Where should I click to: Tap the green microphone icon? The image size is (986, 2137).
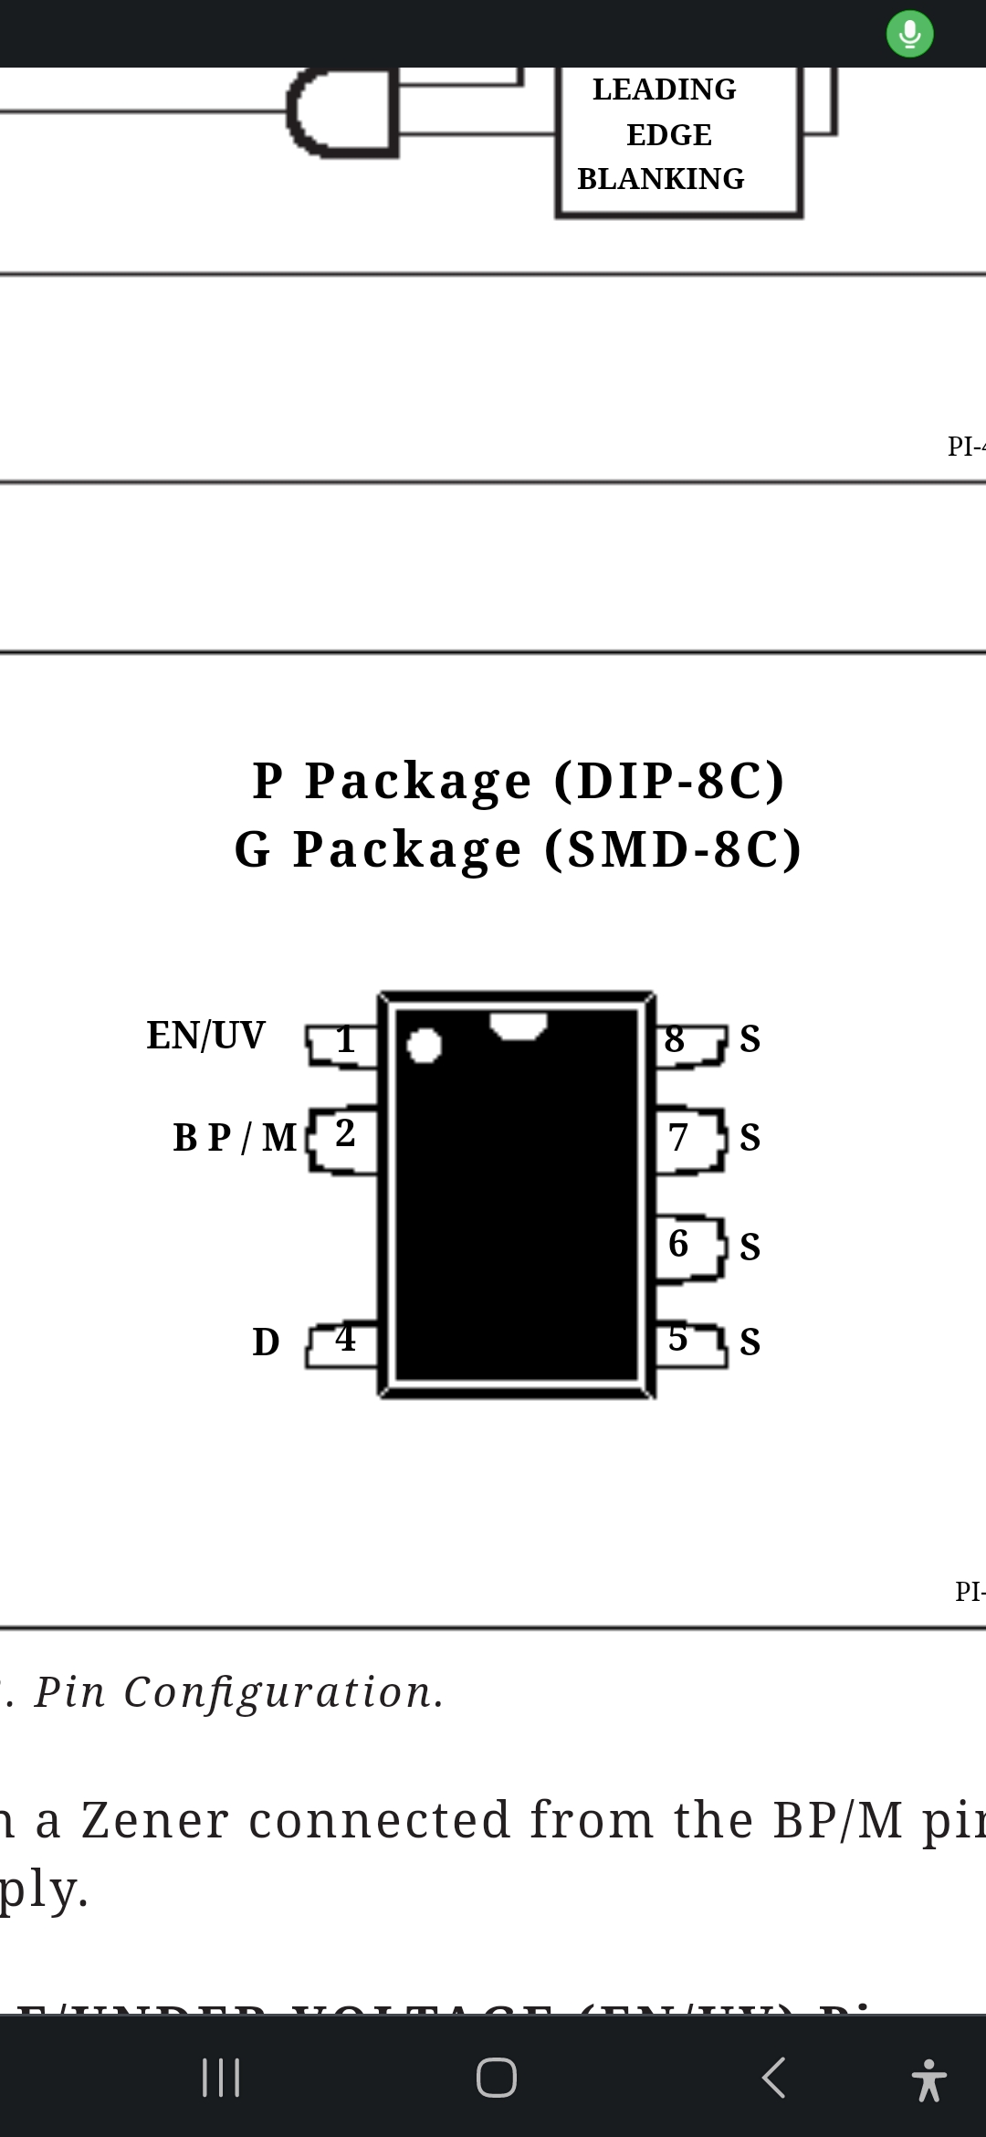[909, 35]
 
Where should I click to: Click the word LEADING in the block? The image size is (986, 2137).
[664, 89]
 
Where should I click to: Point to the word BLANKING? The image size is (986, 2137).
[660, 179]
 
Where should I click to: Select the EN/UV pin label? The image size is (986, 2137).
[205, 1036]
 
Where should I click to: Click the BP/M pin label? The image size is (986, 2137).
[235, 1138]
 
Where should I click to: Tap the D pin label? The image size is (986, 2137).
[266, 1342]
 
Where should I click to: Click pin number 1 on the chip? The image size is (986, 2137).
[344, 1040]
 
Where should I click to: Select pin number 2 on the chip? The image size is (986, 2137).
[344, 1133]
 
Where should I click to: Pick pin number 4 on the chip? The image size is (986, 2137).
[344, 1339]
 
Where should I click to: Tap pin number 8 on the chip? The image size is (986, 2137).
[675, 1039]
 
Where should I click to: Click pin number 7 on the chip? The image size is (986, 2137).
[677, 1138]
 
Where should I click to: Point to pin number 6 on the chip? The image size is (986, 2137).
[678, 1243]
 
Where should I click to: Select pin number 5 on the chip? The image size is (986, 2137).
[677, 1339]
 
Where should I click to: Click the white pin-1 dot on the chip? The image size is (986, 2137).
[424, 1046]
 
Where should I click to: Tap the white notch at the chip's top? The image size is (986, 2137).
[518, 1025]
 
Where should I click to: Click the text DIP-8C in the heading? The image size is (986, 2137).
[669, 781]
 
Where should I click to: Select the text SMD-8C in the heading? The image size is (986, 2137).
[673, 850]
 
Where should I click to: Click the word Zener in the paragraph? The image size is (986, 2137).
[154, 1819]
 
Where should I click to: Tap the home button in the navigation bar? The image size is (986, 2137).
[496, 2078]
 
